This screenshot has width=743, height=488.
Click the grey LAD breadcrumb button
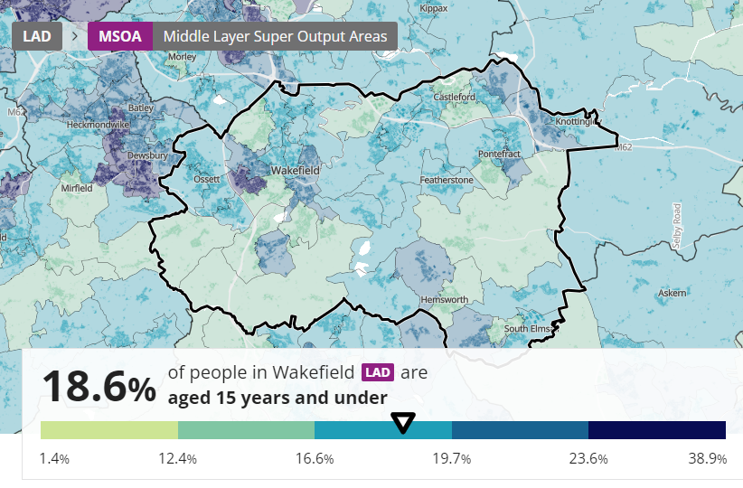click(36, 37)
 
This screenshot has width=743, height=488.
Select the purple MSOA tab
click(119, 37)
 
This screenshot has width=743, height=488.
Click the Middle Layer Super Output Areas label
click(275, 37)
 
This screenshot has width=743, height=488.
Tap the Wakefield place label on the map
click(296, 170)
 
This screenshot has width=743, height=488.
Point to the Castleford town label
click(455, 97)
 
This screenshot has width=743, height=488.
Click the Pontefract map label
click(500, 155)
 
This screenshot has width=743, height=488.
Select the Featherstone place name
click(447, 181)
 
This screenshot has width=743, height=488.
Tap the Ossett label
click(207, 179)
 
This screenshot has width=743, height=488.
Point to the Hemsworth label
click(445, 300)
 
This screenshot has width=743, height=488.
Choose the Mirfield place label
click(77, 189)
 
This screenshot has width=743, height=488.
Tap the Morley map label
click(182, 56)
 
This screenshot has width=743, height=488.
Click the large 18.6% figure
click(98, 387)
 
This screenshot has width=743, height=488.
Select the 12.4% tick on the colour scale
click(177, 459)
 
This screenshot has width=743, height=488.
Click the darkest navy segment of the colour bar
click(657, 430)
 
